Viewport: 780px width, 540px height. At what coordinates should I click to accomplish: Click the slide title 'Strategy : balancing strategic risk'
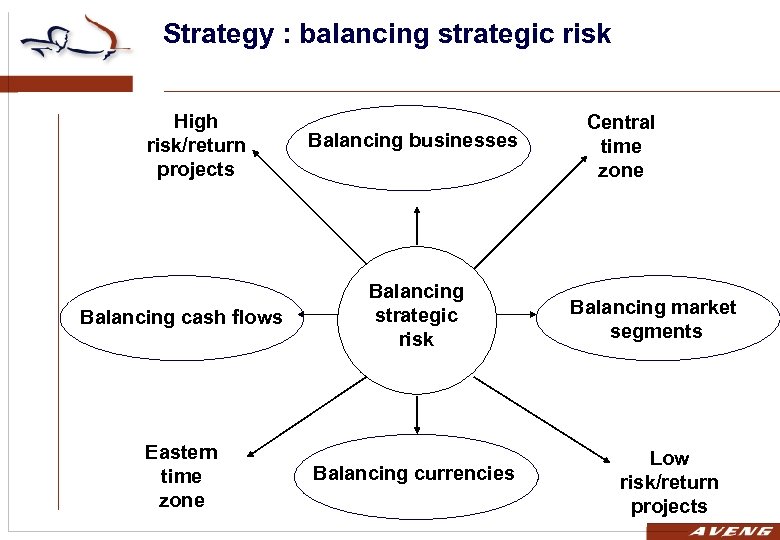(386, 34)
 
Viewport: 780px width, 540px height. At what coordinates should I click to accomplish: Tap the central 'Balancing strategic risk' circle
(416, 315)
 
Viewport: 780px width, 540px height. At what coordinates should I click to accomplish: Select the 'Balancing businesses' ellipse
(412, 141)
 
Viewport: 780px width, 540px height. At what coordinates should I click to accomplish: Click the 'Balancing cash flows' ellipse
(181, 318)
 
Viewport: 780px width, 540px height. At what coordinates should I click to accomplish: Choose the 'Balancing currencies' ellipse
(413, 473)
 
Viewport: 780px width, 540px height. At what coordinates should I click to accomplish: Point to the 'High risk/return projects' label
(196, 145)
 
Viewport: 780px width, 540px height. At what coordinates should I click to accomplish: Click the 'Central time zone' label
(620, 146)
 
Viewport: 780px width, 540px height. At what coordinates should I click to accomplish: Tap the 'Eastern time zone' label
(181, 476)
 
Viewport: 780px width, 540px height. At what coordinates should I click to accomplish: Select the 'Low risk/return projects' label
(669, 482)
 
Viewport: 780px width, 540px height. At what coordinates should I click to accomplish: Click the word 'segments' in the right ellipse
(656, 331)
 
